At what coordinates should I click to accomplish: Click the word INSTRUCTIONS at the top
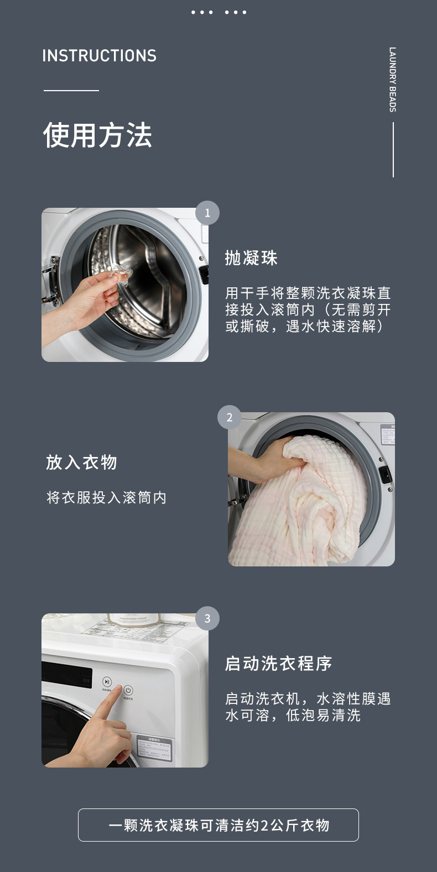[x=99, y=56]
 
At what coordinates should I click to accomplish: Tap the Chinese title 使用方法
[x=97, y=135]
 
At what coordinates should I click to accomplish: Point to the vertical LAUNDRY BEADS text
[x=393, y=80]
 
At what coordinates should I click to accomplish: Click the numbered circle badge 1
[x=207, y=213]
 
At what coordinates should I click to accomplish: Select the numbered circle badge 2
[x=229, y=417]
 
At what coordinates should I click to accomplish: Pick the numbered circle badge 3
[x=207, y=618]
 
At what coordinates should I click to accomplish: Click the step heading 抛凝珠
[x=251, y=258]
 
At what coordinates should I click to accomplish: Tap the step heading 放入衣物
[x=81, y=462]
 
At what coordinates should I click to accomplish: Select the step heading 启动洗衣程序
[x=278, y=663]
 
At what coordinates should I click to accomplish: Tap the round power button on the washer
[x=128, y=690]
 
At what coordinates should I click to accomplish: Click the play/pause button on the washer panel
[x=107, y=682]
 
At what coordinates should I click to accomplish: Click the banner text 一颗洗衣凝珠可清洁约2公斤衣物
[x=218, y=825]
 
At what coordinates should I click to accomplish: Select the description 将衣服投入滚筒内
[x=106, y=497]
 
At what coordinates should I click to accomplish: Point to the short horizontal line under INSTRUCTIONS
[x=71, y=90]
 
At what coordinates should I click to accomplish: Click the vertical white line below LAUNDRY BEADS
[x=393, y=150]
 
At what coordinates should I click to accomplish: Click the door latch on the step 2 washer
[x=384, y=474]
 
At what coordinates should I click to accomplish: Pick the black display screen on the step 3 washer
[x=67, y=676]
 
